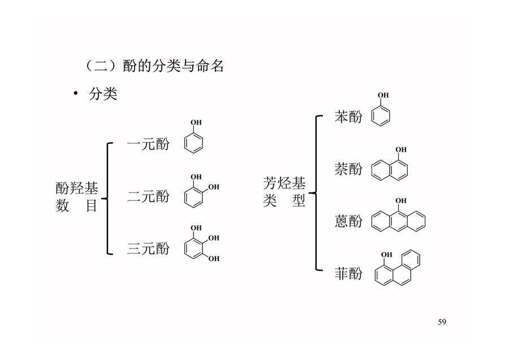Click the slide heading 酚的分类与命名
tap(174, 66)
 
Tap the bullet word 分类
tap(103, 94)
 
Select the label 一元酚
tap(148, 144)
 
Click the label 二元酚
tap(148, 196)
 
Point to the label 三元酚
tap(148, 248)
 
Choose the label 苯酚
tap(348, 117)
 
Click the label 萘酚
tap(348, 169)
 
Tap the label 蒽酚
tap(348, 221)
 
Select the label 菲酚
tap(348, 273)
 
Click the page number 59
tap(442, 322)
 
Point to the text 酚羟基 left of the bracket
tap(77, 188)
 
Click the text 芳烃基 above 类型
tap(284, 183)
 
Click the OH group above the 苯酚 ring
tap(383, 95)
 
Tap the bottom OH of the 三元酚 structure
tap(214, 259)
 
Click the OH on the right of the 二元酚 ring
tap(214, 187)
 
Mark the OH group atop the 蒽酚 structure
tap(401, 201)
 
